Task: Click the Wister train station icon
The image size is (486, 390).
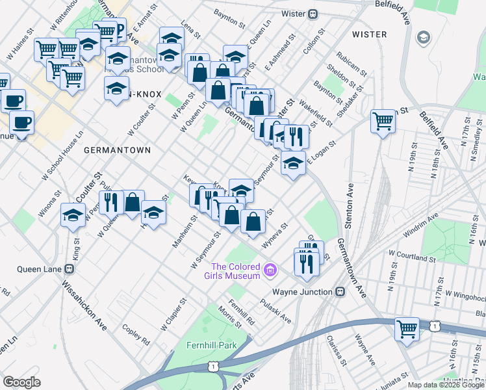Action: click(x=313, y=13)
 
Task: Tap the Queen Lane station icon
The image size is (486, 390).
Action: click(x=68, y=269)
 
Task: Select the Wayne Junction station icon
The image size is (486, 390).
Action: click(x=340, y=292)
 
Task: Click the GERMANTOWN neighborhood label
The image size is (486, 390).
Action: click(x=117, y=149)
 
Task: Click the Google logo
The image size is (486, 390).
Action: click(x=21, y=382)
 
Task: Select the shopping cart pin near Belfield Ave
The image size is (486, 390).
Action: click(x=383, y=121)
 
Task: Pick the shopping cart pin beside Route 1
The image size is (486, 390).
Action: click(x=407, y=328)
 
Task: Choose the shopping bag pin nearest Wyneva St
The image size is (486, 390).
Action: click(x=253, y=221)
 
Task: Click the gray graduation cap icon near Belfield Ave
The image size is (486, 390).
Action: click(x=424, y=38)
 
